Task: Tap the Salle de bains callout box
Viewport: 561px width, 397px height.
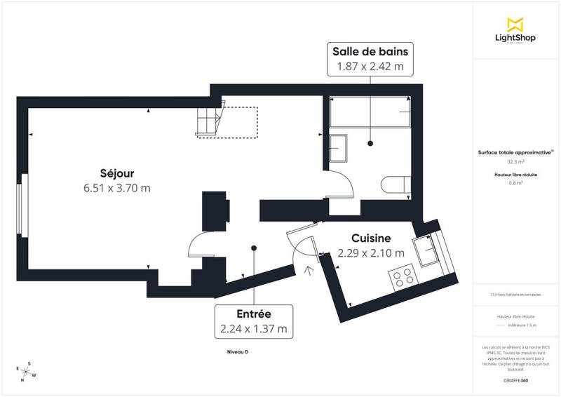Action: click(370, 58)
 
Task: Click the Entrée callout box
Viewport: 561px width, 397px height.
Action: click(253, 321)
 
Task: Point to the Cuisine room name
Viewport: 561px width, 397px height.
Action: click(371, 238)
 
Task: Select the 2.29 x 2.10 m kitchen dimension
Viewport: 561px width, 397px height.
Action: click(371, 253)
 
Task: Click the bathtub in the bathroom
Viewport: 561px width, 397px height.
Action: click(370, 112)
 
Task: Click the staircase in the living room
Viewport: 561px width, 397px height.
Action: click(210, 120)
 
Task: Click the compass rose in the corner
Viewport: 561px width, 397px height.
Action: click(27, 371)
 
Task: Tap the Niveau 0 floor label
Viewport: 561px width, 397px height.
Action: click(238, 351)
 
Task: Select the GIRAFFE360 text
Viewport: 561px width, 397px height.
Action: click(515, 379)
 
